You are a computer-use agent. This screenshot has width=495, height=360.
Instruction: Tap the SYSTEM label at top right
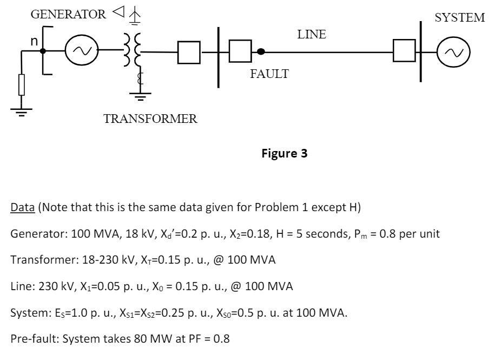click(x=460, y=18)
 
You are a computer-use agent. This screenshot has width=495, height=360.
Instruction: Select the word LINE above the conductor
click(x=312, y=35)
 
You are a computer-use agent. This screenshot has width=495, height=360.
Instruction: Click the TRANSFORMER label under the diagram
click(x=150, y=119)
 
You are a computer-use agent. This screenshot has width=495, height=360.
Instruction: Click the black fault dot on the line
click(x=261, y=51)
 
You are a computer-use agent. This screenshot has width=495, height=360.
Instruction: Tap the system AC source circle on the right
click(x=454, y=52)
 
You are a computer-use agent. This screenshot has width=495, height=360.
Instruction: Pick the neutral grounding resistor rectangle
click(x=22, y=86)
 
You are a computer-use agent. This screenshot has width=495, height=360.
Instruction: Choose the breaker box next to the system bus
click(x=404, y=52)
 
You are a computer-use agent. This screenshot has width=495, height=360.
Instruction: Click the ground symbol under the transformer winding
click(x=140, y=96)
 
